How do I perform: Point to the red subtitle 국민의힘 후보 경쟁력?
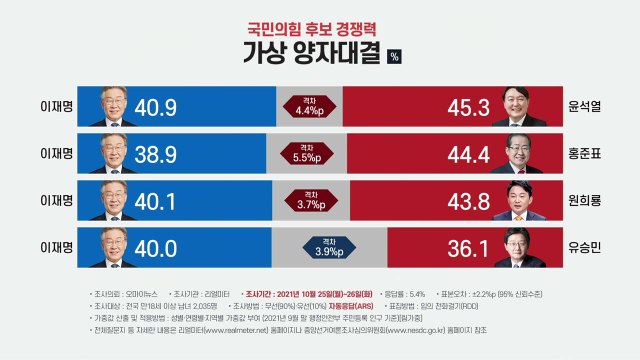(320, 23)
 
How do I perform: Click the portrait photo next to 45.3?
(517, 105)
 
